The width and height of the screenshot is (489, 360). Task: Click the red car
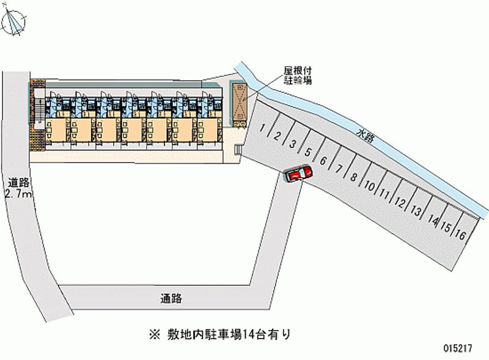point(298,174)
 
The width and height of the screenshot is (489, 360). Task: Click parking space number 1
point(262,128)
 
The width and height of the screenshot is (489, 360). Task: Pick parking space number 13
point(416,212)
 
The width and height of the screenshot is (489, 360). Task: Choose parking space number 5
point(309,153)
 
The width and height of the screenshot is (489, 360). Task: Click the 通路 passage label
point(172,299)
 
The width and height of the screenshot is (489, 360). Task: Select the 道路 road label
point(19,182)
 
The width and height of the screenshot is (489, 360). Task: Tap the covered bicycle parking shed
point(240,103)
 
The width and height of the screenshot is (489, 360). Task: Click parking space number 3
point(293,144)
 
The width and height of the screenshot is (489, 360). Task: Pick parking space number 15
point(446,228)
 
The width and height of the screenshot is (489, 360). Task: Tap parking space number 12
point(400,202)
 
